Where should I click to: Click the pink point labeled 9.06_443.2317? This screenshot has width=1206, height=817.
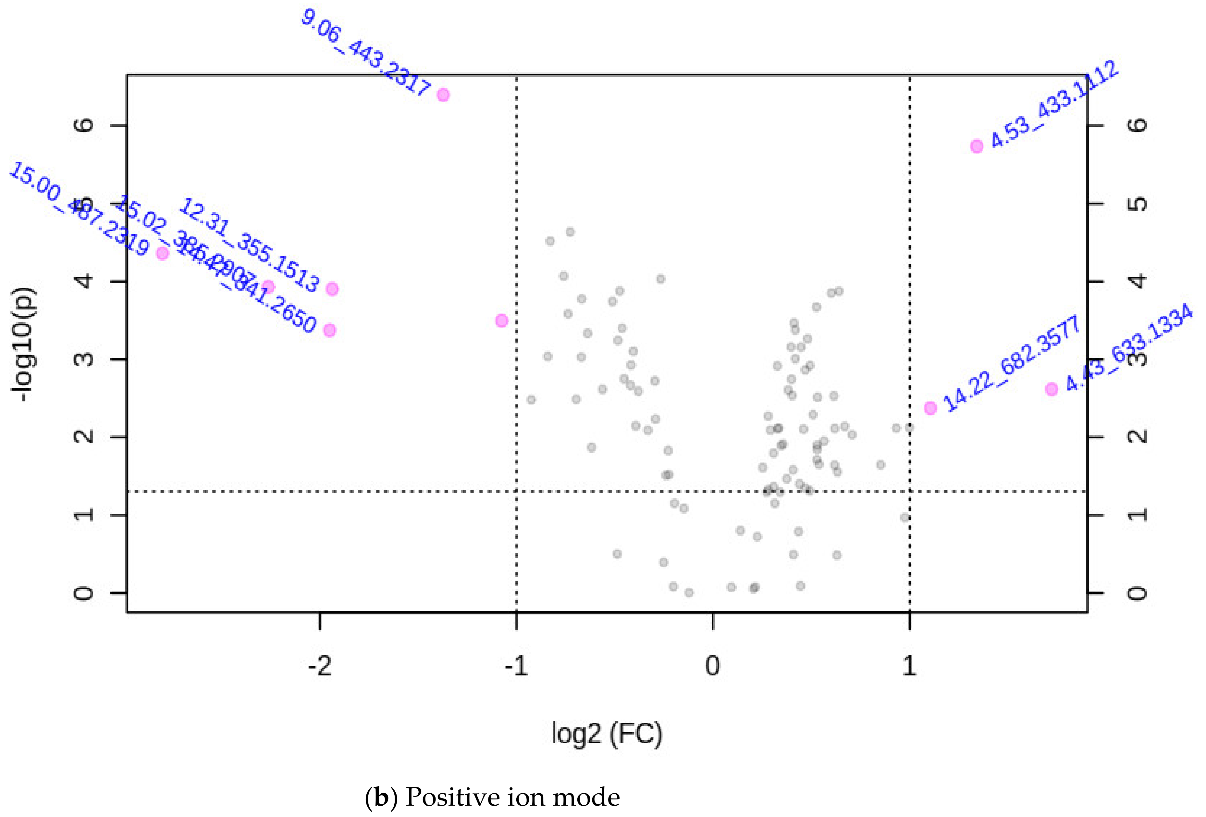[x=443, y=95]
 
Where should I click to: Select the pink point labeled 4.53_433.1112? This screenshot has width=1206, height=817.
[x=977, y=146]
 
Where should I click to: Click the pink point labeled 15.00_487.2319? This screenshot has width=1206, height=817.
[x=162, y=253]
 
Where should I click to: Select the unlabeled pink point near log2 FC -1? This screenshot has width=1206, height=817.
[x=501, y=321]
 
